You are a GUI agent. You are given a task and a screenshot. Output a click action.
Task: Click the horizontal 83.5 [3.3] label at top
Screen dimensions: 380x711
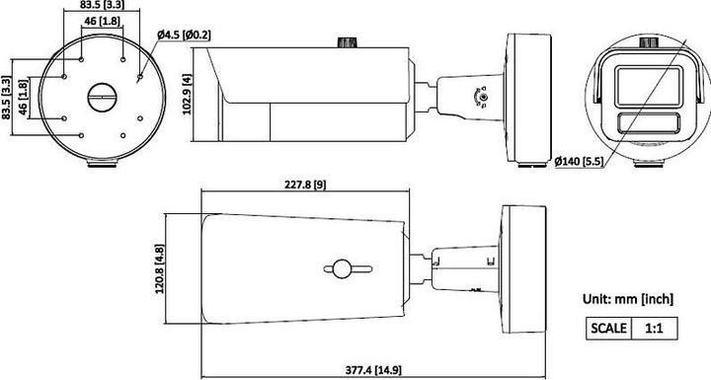[103, 7]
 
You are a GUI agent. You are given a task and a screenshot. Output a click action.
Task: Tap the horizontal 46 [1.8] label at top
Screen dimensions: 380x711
[102, 21]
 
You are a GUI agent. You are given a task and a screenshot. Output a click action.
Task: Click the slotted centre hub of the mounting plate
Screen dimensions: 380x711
[103, 98]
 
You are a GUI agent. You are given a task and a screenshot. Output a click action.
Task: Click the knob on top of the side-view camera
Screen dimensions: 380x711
[345, 43]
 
